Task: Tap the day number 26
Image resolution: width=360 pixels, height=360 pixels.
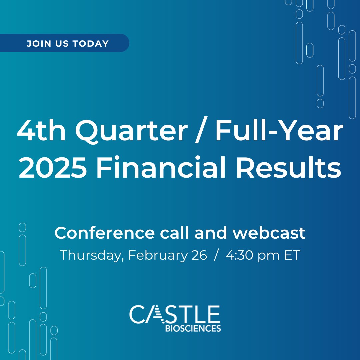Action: (199, 255)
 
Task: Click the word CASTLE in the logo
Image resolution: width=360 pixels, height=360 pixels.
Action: (175, 314)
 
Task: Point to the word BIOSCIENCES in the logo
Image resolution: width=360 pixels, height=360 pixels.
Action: (193, 329)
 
